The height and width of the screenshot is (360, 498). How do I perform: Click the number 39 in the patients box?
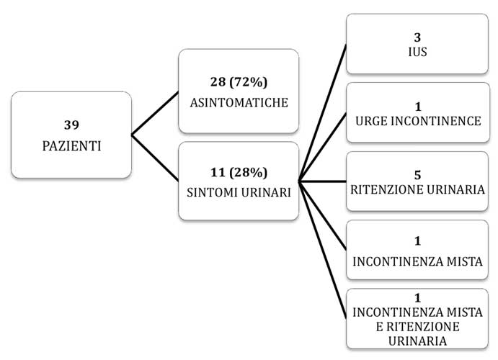click(71, 125)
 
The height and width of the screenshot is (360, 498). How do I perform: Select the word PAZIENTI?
click(71, 146)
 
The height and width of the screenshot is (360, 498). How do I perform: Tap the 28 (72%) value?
click(239, 82)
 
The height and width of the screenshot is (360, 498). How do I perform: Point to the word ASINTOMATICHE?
click(239, 102)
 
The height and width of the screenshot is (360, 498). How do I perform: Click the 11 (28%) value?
click(239, 172)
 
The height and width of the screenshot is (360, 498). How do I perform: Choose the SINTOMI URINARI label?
click(239, 192)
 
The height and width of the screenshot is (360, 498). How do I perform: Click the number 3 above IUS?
click(417, 37)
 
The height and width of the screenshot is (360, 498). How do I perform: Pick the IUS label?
click(417, 52)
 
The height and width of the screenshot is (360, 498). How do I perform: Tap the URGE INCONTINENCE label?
click(418, 121)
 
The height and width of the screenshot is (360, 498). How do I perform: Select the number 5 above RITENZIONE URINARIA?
click(418, 175)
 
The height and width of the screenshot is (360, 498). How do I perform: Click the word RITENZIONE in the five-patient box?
click(387, 189)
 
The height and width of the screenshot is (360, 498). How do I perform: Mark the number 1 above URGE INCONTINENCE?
click(418, 107)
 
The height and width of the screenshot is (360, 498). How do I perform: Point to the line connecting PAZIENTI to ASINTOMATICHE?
click(155, 114)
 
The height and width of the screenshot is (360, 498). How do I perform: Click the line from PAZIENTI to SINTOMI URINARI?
click(155, 158)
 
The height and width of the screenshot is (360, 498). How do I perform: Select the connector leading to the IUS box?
click(322, 113)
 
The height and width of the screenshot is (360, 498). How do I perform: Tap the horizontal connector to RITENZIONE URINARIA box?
click(322, 181)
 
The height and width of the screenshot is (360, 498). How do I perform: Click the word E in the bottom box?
click(379, 327)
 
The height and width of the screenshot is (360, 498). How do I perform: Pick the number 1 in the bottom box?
click(417, 298)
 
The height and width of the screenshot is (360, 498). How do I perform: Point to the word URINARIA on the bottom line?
click(417, 341)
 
